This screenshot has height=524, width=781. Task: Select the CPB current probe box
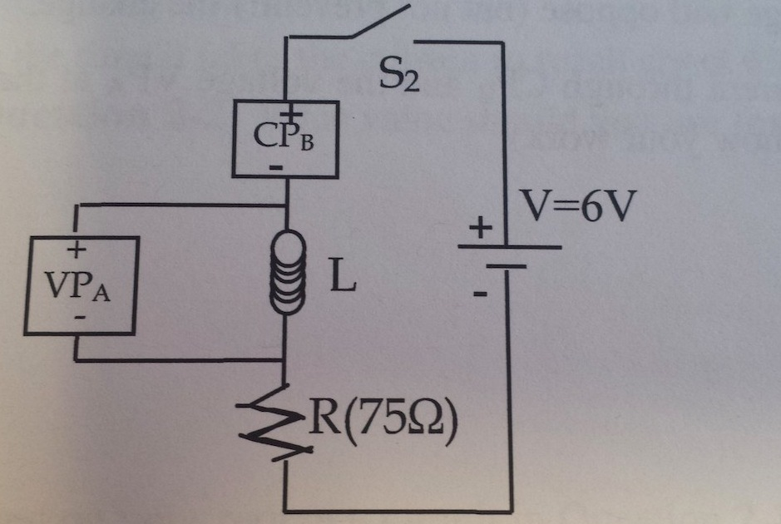click(284, 138)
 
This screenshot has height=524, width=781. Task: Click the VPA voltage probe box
click(81, 283)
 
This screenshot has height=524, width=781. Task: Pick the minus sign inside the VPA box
click(79, 317)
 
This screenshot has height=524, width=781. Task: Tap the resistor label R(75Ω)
click(383, 423)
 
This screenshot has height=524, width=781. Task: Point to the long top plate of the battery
click(509, 246)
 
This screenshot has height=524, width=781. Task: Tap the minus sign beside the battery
click(480, 293)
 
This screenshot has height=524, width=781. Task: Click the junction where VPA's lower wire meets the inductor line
click(284, 361)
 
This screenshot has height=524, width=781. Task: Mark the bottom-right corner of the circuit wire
click(508, 510)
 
